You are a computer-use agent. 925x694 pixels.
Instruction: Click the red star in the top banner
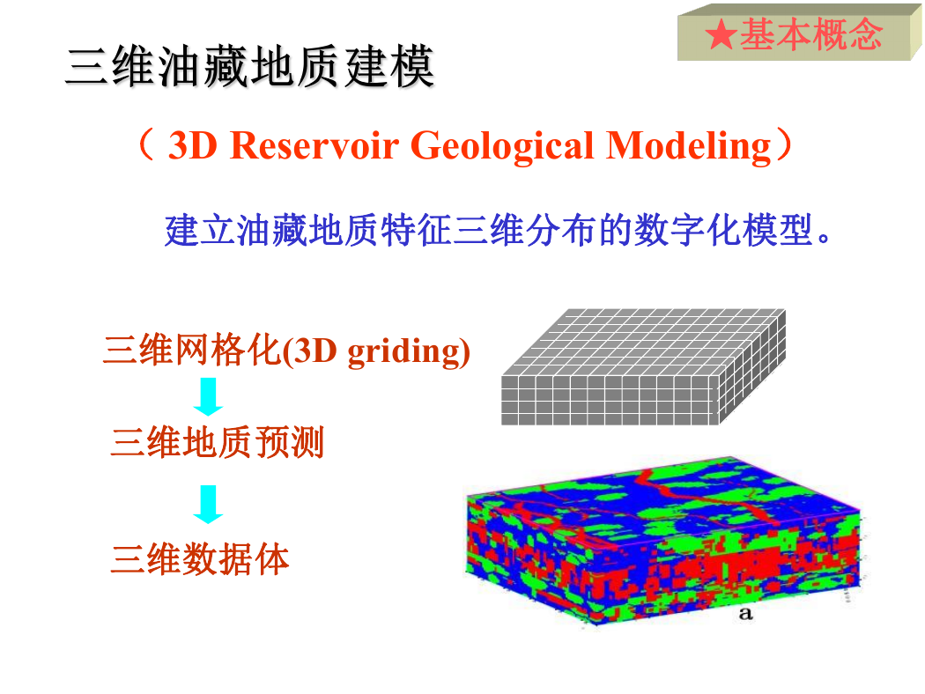tap(721, 34)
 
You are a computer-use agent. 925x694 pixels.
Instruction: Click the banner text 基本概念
tap(811, 34)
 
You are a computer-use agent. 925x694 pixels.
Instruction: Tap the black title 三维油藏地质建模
tap(250, 67)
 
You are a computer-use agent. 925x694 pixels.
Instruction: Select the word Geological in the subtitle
tap(502, 145)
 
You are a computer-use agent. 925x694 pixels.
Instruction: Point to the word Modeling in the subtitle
tap(688, 145)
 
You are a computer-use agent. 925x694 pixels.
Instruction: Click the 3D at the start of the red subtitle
tap(193, 145)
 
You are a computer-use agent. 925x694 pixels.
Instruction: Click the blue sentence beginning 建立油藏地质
tap(499, 230)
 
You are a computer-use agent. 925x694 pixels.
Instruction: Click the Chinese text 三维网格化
tap(192, 351)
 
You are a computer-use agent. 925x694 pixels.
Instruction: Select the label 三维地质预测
tap(217, 442)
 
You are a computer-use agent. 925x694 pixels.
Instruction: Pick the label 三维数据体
tap(199, 559)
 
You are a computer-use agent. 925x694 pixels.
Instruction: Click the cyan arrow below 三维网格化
tap(208, 397)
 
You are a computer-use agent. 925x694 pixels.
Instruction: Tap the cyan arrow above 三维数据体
tap(208, 504)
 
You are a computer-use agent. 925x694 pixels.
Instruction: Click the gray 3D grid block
tap(644, 366)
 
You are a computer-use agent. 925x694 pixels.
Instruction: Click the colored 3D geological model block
tap(662, 540)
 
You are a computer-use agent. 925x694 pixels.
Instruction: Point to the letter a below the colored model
tap(745, 613)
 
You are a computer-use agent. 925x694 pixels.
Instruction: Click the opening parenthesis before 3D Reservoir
tap(146, 145)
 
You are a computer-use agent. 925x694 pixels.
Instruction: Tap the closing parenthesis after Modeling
tap(783, 145)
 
